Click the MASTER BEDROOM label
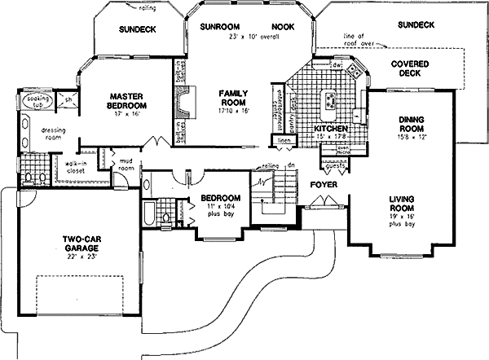click(127, 101)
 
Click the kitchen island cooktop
click(330, 100)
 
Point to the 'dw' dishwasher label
click(335, 64)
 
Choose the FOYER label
click(324, 185)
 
